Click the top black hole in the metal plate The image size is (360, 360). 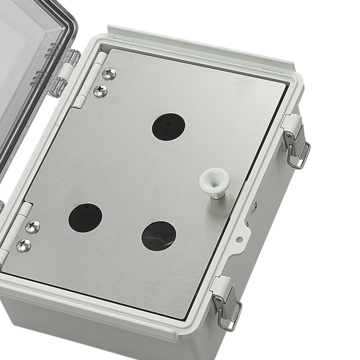pyautogui.click(x=168, y=126)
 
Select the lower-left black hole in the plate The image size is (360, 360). pyautogui.click(x=85, y=218)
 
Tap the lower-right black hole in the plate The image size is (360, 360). pyautogui.click(x=159, y=236)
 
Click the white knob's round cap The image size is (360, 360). pyautogui.click(x=214, y=179)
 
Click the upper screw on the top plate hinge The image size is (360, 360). pyautogui.click(x=109, y=74)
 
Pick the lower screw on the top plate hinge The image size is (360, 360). pyautogui.click(x=100, y=91)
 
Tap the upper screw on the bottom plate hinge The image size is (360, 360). pyautogui.click(x=32, y=227)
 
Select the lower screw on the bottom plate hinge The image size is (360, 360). pyautogui.click(x=24, y=245)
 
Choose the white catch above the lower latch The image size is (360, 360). pyautogui.click(x=222, y=284)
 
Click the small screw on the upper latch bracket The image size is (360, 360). pyautogui.click(x=287, y=136)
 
